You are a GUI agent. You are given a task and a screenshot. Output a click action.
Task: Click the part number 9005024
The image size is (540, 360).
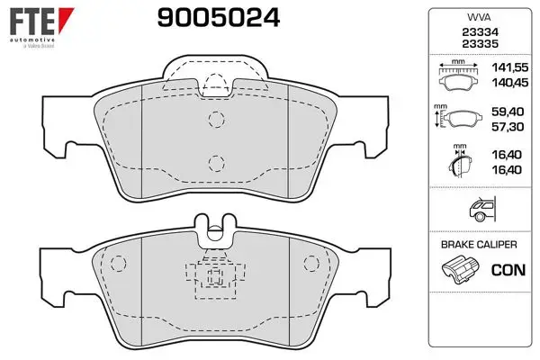click(219, 18)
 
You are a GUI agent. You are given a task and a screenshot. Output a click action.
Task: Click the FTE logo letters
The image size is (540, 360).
click(32, 22)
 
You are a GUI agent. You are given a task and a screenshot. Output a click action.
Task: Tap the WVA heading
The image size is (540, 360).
click(479, 17)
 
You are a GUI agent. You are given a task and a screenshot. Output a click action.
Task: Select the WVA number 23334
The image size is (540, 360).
click(480, 32)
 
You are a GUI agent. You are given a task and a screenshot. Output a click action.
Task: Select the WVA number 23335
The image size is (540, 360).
click(480, 44)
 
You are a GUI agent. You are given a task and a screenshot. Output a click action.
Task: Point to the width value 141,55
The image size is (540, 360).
click(509, 67)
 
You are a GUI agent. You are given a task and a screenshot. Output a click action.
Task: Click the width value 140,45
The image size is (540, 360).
click(509, 83)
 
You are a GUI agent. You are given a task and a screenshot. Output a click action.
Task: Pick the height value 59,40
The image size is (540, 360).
click(508, 112)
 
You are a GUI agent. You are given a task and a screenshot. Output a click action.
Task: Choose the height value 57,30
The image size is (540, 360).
click(508, 127)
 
